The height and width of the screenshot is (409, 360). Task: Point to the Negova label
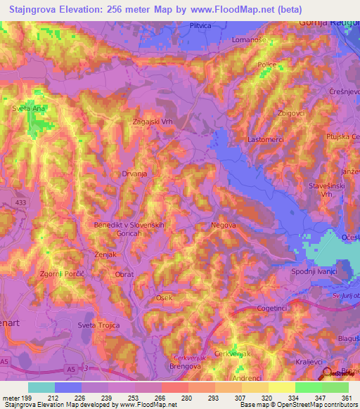223,226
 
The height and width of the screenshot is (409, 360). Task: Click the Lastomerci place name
265,140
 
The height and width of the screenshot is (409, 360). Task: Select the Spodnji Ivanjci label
314,271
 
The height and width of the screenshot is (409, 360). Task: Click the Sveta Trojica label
96,325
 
